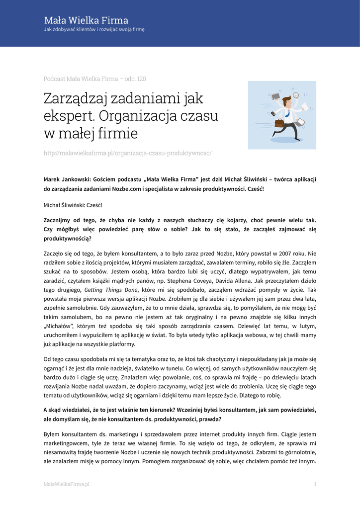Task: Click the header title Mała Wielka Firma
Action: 86,20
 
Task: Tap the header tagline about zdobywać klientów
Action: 94,29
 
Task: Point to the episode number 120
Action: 141,79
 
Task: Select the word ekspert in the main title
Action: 69,116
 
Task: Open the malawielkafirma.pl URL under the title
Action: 127,153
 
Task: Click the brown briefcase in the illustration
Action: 280,122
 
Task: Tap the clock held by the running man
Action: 296,95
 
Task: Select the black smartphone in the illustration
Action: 273,113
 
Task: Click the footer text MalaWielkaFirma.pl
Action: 66,484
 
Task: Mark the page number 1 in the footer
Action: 315,484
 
